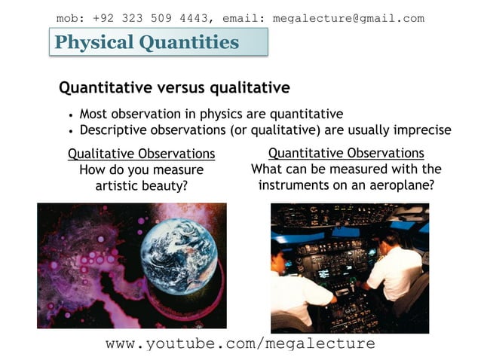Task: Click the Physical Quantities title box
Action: click(158, 42)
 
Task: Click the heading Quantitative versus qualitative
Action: click(174, 88)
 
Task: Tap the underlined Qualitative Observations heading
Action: click(141, 154)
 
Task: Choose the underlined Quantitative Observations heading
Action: click(346, 153)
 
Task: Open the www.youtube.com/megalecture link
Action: click(240, 343)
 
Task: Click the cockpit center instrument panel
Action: click(339, 264)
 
